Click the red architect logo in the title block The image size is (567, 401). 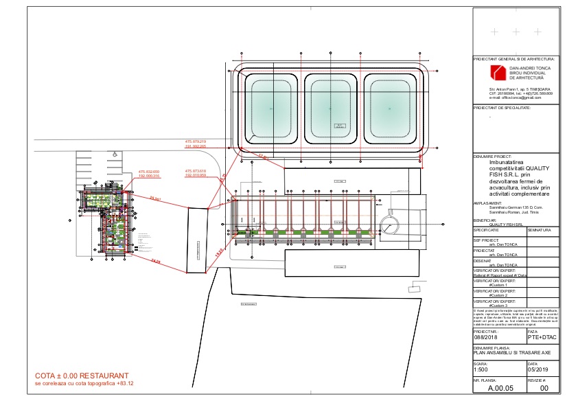click(497, 72)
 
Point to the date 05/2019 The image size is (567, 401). click(537, 367)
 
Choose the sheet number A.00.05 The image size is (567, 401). click(499, 388)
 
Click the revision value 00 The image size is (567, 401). click(544, 388)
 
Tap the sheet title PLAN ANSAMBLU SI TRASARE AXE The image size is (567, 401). click(504, 352)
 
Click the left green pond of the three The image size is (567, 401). click(269, 108)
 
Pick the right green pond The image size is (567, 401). click(391, 108)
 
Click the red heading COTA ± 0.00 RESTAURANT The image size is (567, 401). click(82, 376)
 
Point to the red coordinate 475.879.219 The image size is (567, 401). click(196, 141)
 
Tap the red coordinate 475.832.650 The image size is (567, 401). click(148, 172)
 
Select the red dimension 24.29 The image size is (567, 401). click(154, 262)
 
